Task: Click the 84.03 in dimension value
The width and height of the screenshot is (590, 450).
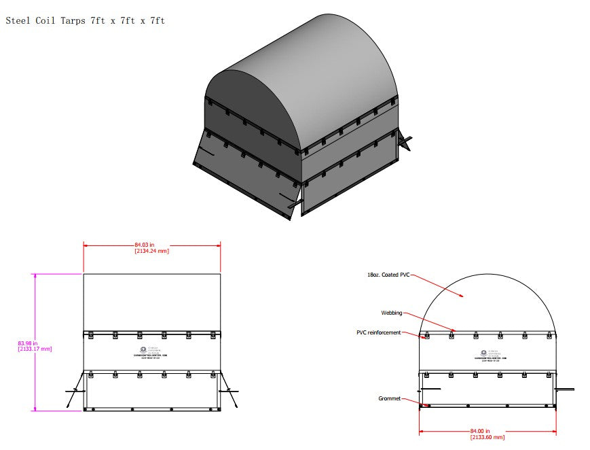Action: pyautogui.click(x=144, y=244)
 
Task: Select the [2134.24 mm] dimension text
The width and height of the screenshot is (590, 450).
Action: pyautogui.click(x=151, y=251)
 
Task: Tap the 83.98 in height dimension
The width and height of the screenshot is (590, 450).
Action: pyautogui.click(x=27, y=343)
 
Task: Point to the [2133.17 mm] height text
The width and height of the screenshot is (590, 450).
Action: pyautogui.click(x=35, y=349)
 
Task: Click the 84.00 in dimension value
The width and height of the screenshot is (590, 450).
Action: pyautogui.click(x=479, y=430)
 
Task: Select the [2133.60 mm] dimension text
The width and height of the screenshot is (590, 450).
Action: pyautogui.click(x=487, y=437)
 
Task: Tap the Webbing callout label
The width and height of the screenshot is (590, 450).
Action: pyautogui.click(x=391, y=313)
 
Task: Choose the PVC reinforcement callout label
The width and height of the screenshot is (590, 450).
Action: pyautogui.click(x=378, y=332)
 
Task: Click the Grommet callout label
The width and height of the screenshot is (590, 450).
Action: pyautogui.click(x=389, y=398)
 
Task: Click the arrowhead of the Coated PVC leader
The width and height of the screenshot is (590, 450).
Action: pyautogui.click(x=463, y=296)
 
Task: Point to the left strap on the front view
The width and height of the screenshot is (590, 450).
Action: pyautogui.click(x=74, y=397)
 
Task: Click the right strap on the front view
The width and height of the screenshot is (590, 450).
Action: pyautogui.click(x=230, y=397)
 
